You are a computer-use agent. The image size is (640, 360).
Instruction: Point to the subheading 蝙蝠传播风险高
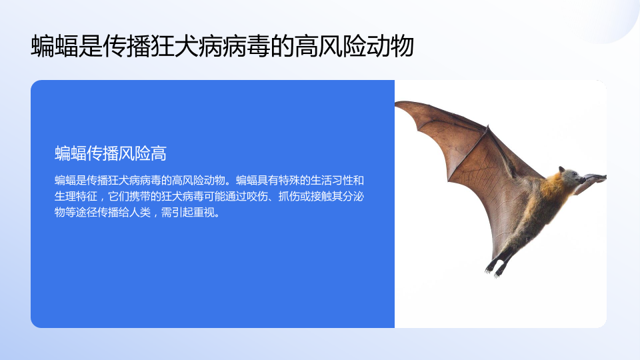(111, 154)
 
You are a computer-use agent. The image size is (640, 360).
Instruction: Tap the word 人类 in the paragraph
(140, 212)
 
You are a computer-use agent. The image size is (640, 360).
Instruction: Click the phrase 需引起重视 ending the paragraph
(188, 212)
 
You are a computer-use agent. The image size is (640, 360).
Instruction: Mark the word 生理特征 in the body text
(76, 196)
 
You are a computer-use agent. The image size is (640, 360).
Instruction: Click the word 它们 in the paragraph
(119, 196)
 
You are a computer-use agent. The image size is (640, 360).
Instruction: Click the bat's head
(571, 176)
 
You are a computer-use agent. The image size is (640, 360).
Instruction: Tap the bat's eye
(574, 174)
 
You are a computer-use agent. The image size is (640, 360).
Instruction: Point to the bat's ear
(562, 170)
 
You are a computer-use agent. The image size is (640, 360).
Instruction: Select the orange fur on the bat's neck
(552, 187)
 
